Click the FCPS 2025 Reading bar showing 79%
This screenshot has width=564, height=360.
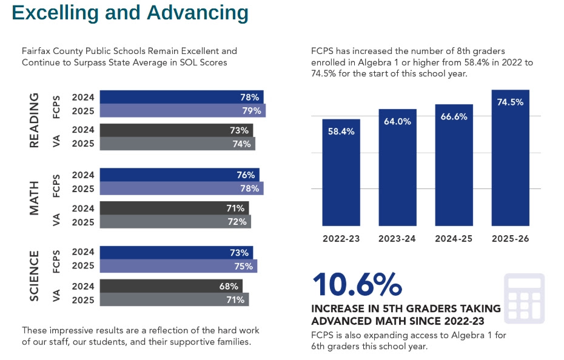tap(182, 111)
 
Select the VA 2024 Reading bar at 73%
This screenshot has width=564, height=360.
tap(176, 130)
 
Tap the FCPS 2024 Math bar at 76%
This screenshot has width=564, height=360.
tap(179, 175)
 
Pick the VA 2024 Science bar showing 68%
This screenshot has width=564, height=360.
tap(170, 286)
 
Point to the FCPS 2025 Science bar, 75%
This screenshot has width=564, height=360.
tap(178, 266)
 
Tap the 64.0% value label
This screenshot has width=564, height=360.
tap(397, 121)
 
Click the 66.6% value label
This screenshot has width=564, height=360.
tap(454, 116)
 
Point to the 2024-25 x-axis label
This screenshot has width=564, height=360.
tap(454, 239)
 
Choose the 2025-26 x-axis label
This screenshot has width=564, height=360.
tap(510, 239)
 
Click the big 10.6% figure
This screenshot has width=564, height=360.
tap(357, 284)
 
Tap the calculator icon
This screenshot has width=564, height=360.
tap(524, 298)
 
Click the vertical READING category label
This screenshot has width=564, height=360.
tap(35, 120)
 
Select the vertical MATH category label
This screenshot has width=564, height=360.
tap(35, 198)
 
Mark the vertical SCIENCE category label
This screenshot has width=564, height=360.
tap(35, 276)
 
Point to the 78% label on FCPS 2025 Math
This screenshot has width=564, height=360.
tap(249, 188)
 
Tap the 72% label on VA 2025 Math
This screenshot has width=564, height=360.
tap(238, 222)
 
